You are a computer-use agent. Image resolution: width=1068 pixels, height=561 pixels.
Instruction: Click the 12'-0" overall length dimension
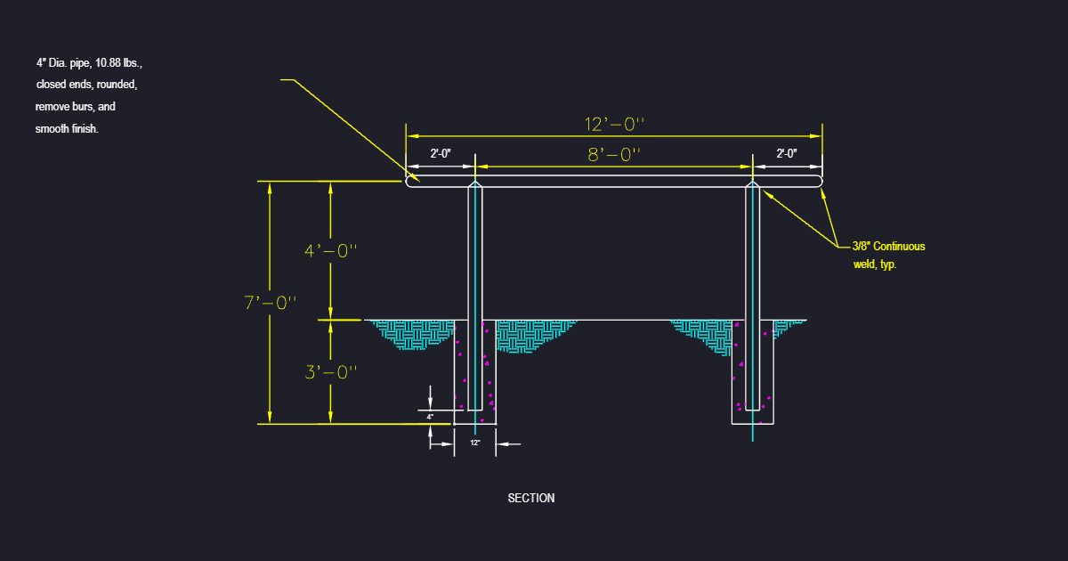click(614, 125)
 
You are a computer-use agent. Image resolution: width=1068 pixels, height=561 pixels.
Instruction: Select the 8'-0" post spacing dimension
click(614, 155)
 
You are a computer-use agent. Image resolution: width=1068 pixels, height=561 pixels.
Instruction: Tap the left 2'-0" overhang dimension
click(441, 153)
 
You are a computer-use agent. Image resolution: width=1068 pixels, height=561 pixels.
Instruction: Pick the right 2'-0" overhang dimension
click(787, 153)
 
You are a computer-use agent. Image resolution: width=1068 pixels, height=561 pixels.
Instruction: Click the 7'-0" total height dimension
click(271, 303)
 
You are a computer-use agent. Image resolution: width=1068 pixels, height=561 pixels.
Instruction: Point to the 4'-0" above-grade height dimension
click(331, 251)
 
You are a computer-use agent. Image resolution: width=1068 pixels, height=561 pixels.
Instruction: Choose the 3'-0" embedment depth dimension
click(331, 372)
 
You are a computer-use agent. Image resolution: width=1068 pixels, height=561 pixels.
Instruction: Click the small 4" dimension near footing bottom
click(430, 417)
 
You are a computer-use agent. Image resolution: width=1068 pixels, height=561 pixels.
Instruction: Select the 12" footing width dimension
click(475, 443)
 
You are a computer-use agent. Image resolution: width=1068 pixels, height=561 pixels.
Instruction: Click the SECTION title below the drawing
click(531, 498)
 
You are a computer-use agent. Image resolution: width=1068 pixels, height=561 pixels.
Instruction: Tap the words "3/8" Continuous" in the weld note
click(889, 246)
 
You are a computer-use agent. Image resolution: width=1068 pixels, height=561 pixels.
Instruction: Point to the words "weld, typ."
click(875, 264)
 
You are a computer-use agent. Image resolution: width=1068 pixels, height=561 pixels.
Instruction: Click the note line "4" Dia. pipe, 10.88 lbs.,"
click(89, 63)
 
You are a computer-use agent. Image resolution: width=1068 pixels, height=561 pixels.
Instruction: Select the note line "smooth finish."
click(67, 129)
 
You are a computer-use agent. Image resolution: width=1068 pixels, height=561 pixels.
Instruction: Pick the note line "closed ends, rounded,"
click(87, 85)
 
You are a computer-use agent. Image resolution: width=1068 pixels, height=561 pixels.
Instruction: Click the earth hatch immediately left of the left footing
click(414, 334)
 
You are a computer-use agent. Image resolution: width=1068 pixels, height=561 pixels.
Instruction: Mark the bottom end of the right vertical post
click(752, 410)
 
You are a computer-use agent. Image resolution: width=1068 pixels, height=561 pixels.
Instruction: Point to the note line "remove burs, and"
click(76, 106)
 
